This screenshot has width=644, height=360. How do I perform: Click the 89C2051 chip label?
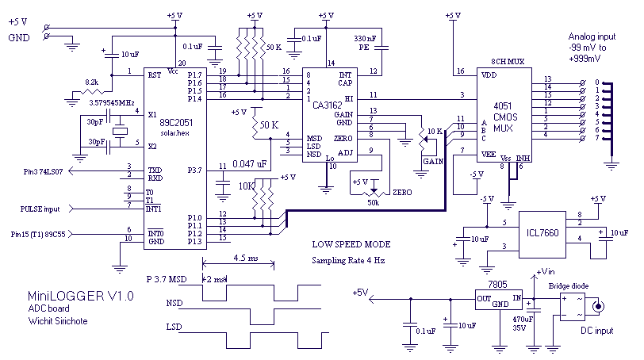pyautogui.click(x=176, y=122)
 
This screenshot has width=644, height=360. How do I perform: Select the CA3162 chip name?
pyautogui.click(x=327, y=105)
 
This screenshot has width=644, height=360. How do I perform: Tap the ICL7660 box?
pyautogui.click(x=542, y=235)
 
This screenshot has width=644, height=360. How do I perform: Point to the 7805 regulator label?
pyautogui.click(x=497, y=285)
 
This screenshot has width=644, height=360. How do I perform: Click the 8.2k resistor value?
pyautogui.click(x=91, y=82)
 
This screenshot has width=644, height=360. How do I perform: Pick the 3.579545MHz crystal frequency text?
pyautogui.click(x=112, y=102)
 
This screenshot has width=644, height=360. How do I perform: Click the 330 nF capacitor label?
pyautogui.click(x=365, y=39)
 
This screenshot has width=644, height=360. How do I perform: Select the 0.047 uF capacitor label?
pyautogui.click(x=249, y=164)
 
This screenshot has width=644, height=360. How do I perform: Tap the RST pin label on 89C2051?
pyautogui.click(x=155, y=75)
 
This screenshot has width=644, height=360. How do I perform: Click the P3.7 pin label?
pyautogui.click(x=194, y=170)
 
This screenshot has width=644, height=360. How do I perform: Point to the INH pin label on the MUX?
pyautogui.click(x=523, y=159)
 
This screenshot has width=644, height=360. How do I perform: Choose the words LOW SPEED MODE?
pyautogui.click(x=351, y=244)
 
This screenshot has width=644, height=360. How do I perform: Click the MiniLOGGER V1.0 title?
pyautogui.click(x=81, y=296)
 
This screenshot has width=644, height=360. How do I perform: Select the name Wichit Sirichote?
pyautogui.click(x=58, y=321)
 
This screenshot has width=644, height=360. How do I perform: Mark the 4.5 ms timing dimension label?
pyautogui.click(x=246, y=258)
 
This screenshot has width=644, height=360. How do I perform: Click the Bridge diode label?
pyautogui.click(x=569, y=286)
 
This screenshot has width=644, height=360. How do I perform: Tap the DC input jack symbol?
pyautogui.click(x=597, y=306)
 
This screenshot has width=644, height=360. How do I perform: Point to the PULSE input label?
pyautogui.click(x=40, y=209)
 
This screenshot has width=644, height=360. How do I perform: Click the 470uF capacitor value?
pyautogui.click(x=523, y=319)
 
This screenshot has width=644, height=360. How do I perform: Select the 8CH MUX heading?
pyautogui.click(x=508, y=62)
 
